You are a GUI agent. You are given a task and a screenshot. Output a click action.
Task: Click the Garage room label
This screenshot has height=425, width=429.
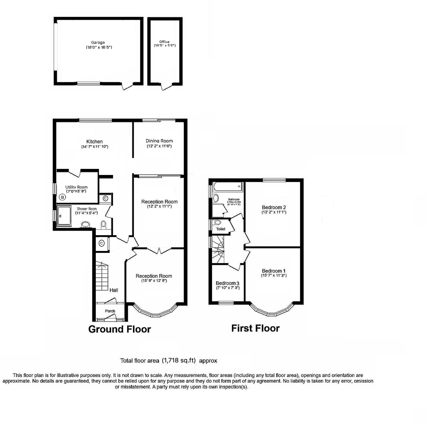(98, 43)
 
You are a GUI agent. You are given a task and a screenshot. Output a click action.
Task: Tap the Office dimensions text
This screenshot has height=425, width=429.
(165, 46)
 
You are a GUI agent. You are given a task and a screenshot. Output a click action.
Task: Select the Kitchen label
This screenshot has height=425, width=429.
(95, 141)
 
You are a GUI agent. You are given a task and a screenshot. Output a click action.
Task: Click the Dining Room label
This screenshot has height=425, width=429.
(159, 141)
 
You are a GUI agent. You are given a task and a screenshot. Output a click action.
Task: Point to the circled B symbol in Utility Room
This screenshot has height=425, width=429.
(62, 197)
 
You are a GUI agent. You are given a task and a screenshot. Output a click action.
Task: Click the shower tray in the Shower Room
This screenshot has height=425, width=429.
(64, 216)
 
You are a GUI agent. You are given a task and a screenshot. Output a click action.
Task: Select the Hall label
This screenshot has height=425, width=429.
(114, 290)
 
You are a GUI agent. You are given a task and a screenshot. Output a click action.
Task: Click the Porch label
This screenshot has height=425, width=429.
(110, 311)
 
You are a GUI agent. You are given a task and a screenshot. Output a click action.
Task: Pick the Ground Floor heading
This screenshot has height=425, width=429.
(119, 329)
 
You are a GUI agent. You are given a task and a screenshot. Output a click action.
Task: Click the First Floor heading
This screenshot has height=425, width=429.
(255, 328)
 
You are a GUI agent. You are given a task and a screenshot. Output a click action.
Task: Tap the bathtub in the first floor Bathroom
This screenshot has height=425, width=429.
(228, 186)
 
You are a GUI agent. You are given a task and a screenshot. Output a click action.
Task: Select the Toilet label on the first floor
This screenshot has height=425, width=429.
(221, 229)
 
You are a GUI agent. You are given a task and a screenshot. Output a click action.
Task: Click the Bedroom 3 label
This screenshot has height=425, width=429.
(228, 283)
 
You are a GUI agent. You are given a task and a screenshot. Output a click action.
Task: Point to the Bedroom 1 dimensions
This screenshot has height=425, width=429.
(274, 275)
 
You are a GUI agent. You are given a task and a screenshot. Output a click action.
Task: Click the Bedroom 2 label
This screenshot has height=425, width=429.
(274, 207)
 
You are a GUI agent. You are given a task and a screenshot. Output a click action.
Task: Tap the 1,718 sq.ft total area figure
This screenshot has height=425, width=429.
(179, 360)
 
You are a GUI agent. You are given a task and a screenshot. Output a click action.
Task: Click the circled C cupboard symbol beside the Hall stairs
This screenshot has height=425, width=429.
(102, 243)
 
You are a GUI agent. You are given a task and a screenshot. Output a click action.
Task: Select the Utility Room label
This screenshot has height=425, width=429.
(76, 187)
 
